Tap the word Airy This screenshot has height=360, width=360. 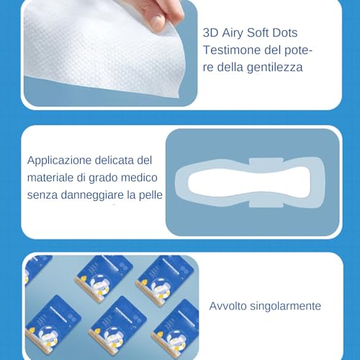[x=233, y=33]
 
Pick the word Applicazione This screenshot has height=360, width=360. [x=59, y=161]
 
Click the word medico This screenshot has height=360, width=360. [x=139, y=178]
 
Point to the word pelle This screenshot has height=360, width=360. [x=150, y=195]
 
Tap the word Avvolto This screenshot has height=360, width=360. [x=228, y=306]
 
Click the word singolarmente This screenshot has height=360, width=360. [x=286, y=307]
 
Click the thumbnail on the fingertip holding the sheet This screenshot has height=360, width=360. [x=157, y=22]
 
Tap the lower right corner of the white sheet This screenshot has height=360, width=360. [x=179, y=98]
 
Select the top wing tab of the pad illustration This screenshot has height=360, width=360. [x=266, y=162]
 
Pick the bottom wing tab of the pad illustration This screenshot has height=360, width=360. [x=266, y=204]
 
